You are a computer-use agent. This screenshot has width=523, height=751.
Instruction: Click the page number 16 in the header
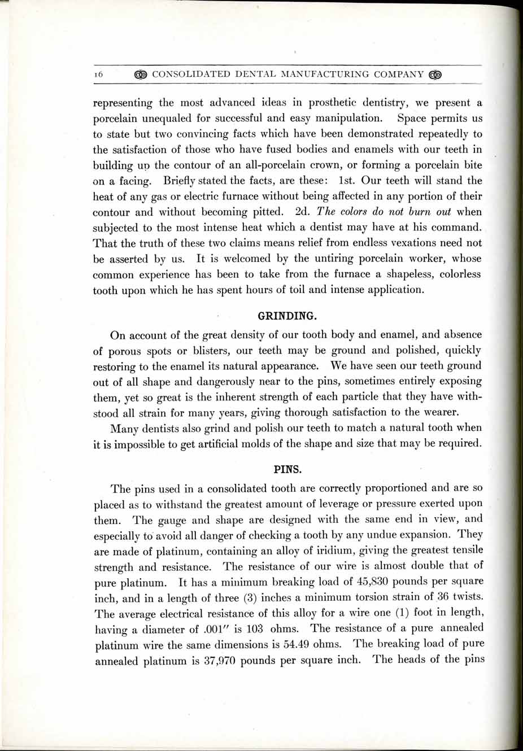click(x=98, y=74)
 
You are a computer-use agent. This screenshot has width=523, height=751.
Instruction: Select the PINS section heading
click(x=287, y=469)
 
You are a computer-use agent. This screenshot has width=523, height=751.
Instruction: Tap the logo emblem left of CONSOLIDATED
click(x=141, y=74)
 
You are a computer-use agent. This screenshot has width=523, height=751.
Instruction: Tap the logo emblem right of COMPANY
click(x=435, y=74)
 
